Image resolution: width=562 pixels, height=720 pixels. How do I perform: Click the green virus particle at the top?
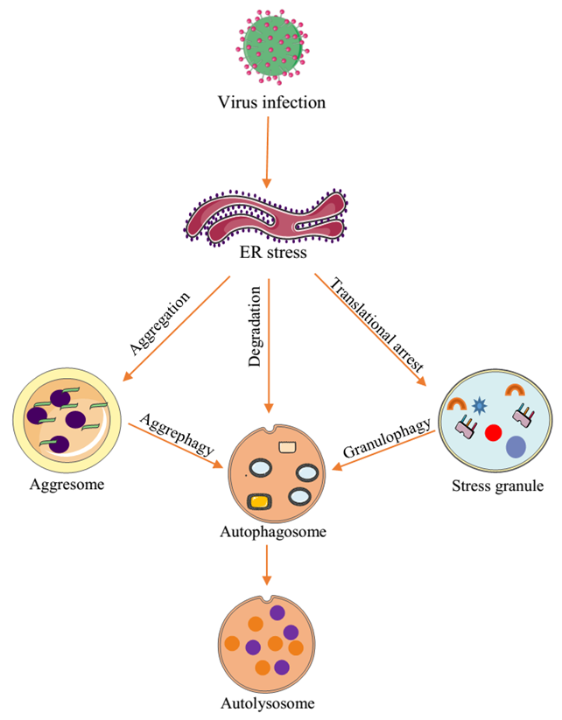(270, 45)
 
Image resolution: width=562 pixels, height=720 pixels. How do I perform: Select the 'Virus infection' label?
(270, 103)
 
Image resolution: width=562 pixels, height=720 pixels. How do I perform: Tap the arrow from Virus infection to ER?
(268, 152)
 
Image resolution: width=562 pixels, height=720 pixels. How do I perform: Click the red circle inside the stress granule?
(493, 432)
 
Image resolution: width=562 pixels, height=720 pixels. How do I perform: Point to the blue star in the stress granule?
(478, 405)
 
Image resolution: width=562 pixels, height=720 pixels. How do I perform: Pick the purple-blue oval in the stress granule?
(516, 447)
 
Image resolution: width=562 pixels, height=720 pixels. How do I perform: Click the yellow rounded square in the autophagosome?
(260, 501)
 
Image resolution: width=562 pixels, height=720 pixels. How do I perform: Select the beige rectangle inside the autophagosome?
(288, 447)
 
